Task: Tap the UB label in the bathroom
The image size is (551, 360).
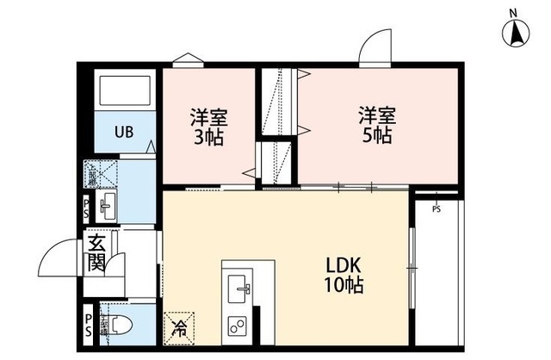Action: [x=125, y=133]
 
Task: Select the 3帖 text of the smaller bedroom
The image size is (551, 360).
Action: [x=207, y=137]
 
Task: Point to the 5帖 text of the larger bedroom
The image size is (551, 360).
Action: [x=376, y=136]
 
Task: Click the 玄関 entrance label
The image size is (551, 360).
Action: [x=95, y=253]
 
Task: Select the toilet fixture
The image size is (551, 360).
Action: [x=119, y=326]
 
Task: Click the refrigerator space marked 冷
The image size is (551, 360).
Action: [x=181, y=326]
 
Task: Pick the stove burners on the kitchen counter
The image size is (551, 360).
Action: [x=236, y=326]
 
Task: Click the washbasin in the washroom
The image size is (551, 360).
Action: [x=107, y=205]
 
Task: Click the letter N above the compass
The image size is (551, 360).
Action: [x=513, y=11]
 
